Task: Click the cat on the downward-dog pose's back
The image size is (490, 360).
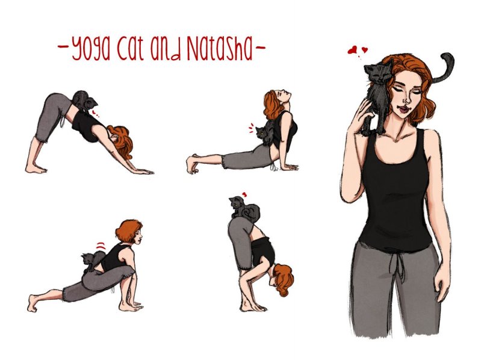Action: coord(82,100)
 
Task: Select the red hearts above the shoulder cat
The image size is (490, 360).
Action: coord(356,51)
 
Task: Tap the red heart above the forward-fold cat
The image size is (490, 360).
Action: coord(244,194)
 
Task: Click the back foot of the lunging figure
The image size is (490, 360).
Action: coord(36,301)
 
